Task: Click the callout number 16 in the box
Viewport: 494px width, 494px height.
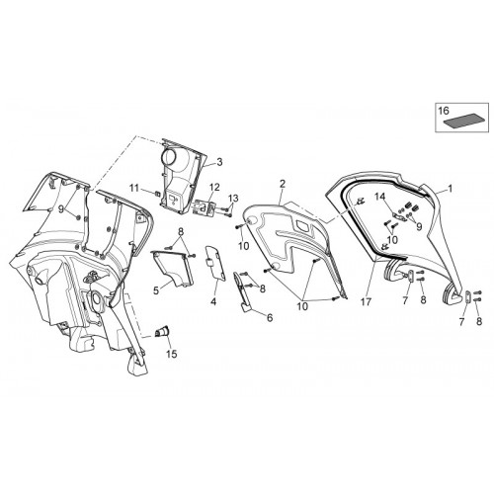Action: pyautogui.click(x=444, y=111)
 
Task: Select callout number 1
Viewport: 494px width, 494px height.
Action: pyautogui.click(x=451, y=188)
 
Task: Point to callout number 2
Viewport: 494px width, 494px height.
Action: pyautogui.click(x=282, y=184)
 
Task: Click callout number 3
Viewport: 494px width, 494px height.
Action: pyautogui.click(x=219, y=162)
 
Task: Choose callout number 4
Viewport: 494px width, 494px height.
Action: pyautogui.click(x=213, y=301)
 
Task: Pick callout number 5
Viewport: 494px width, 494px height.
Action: pyautogui.click(x=156, y=290)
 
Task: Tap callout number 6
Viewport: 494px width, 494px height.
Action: pyautogui.click(x=270, y=318)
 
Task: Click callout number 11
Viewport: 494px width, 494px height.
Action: pyautogui.click(x=134, y=189)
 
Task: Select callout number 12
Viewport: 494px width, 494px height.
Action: pyautogui.click(x=214, y=188)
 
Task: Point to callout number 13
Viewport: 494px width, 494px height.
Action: pyautogui.click(x=233, y=199)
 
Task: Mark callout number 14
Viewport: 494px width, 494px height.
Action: pyautogui.click(x=379, y=197)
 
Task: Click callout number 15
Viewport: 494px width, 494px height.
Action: pyautogui.click(x=172, y=354)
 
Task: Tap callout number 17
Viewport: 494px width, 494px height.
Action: pyautogui.click(x=367, y=301)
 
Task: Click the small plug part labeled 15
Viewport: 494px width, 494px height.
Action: pyautogui.click(x=162, y=331)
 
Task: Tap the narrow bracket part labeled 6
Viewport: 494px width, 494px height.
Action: pyautogui.click(x=241, y=292)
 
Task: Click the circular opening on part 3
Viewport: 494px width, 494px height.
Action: pyautogui.click(x=172, y=157)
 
